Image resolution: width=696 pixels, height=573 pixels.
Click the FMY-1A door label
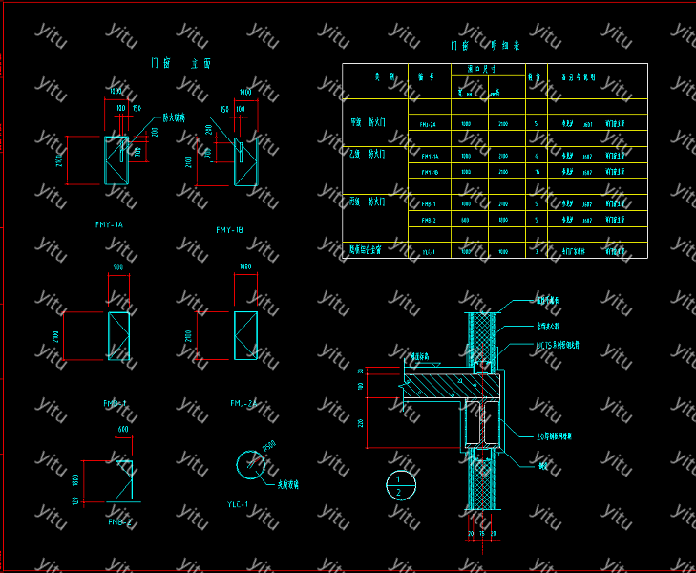pyautogui.click(x=110, y=224)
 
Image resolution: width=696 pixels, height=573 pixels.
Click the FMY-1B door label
pyautogui.click(x=230, y=230)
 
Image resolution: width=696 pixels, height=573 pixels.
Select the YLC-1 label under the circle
pyautogui.click(x=237, y=504)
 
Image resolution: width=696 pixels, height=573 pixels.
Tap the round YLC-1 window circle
pyautogui.click(x=251, y=465)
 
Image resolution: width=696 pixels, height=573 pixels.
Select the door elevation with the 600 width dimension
pyautogui.click(x=124, y=479)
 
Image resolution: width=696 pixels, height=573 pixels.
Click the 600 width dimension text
pyautogui.click(x=122, y=429)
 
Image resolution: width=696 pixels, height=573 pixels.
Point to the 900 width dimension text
pyautogui.click(x=117, y=266)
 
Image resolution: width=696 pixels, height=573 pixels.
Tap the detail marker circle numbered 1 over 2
pyautogui.click(x=400, y=485)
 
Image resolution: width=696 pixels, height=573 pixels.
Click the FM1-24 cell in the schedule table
pyautogui.click(x=428, y=125)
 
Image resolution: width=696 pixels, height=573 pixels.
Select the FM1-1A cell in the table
pyautogui.click(x=430, y=156)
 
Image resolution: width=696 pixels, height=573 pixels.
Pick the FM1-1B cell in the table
pyautogui.click(x=430, y=172)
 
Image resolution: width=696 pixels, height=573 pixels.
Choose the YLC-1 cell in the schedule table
pyautogui.click(x=429, y=252)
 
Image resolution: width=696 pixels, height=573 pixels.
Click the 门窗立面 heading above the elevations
pyautogui.click(x=181, y=63)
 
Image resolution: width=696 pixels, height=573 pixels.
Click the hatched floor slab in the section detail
pyautogui.click(x=449, y=385)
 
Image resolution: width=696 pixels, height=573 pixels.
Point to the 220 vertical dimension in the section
pyautogui.click(x=362, y=422)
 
